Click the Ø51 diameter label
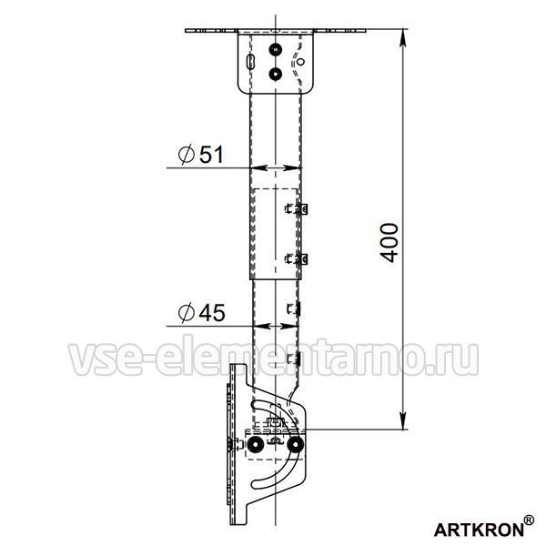(200, 155)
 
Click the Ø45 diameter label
(201, 312)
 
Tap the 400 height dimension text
(389, 243)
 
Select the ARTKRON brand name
(479, 530)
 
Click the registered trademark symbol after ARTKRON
(529, 521)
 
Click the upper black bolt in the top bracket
(276, 50)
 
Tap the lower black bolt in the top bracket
(276, 74)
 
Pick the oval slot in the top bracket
(249, 61)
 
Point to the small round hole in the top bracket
(300, 62)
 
